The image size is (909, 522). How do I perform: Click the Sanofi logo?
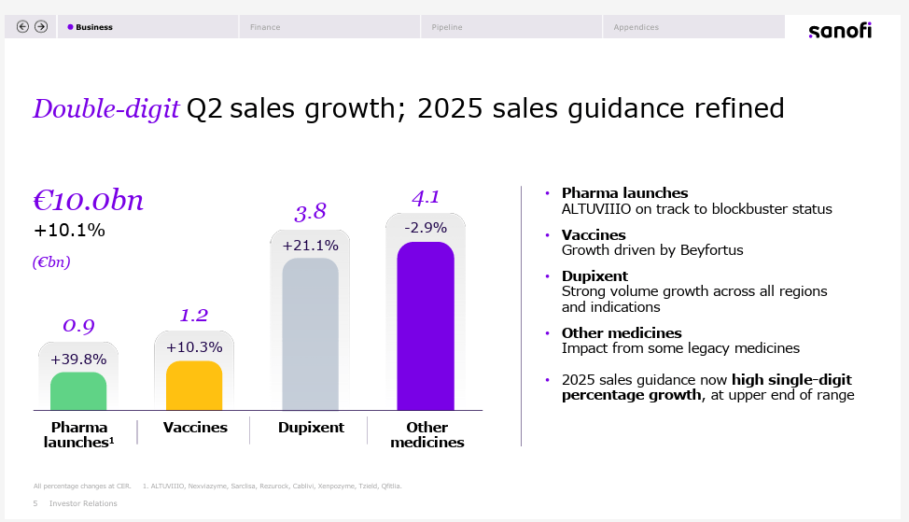pos(839,31)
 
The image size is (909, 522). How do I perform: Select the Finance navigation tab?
pos(265,27)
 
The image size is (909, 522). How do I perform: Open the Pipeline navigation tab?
pos(447,27)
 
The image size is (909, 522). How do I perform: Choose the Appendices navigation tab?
pos(636,27)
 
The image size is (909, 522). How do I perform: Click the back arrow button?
pos(23,27)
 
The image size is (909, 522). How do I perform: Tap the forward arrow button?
pos(41,27)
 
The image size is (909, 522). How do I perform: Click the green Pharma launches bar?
pos(78,391)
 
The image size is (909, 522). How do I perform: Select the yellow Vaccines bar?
pos(194,386)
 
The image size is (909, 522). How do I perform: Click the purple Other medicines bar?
pos(426,326)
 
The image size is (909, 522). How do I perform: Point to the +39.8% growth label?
pos(78,359)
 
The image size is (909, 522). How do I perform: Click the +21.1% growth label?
pos(310,246)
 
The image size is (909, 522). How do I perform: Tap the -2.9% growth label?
pos(426,227)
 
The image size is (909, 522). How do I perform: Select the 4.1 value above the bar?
pos(426,197)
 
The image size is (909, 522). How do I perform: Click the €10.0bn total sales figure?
pos(89,201)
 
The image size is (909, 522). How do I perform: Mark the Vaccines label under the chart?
pos(195,428)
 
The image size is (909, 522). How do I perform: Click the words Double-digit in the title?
pos(105,109)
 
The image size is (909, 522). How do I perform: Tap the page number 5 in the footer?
pos(35,503)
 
